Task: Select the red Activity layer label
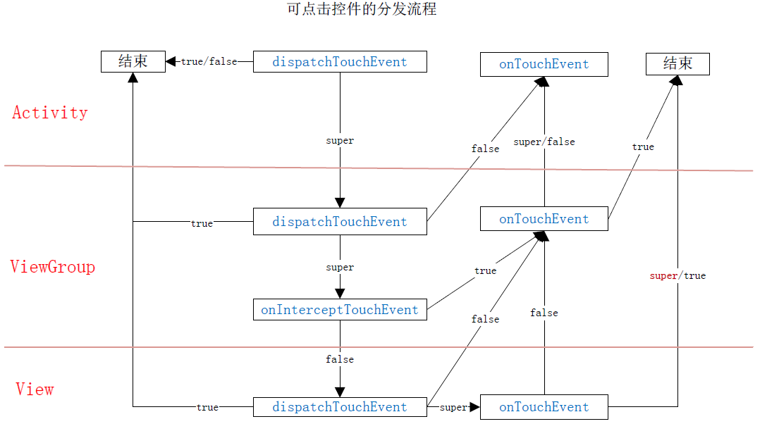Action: [50, 113]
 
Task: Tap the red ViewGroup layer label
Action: [53, 267]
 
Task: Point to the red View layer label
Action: [35, 389]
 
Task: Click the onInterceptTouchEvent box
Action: [340, 310]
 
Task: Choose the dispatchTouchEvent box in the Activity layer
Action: [340, 62]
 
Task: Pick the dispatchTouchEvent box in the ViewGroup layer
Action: [340, 222]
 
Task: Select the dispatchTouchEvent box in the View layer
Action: [340, 407]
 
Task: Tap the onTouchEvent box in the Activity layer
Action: [544, 64]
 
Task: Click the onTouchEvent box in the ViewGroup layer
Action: [544, 219]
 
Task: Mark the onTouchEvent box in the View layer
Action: [544, 407]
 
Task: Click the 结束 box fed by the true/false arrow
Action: [133, 61]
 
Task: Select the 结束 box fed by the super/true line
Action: [677, 64]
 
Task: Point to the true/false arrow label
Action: [209, 62]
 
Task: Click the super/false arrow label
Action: [544, 142]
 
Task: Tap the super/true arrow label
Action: [677, 276]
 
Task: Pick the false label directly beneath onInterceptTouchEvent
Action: [340, 359]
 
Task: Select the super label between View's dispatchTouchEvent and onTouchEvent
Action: [453, 408]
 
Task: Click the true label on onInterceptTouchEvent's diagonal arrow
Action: [485, 271]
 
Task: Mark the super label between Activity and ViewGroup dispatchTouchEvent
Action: [340, 141]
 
